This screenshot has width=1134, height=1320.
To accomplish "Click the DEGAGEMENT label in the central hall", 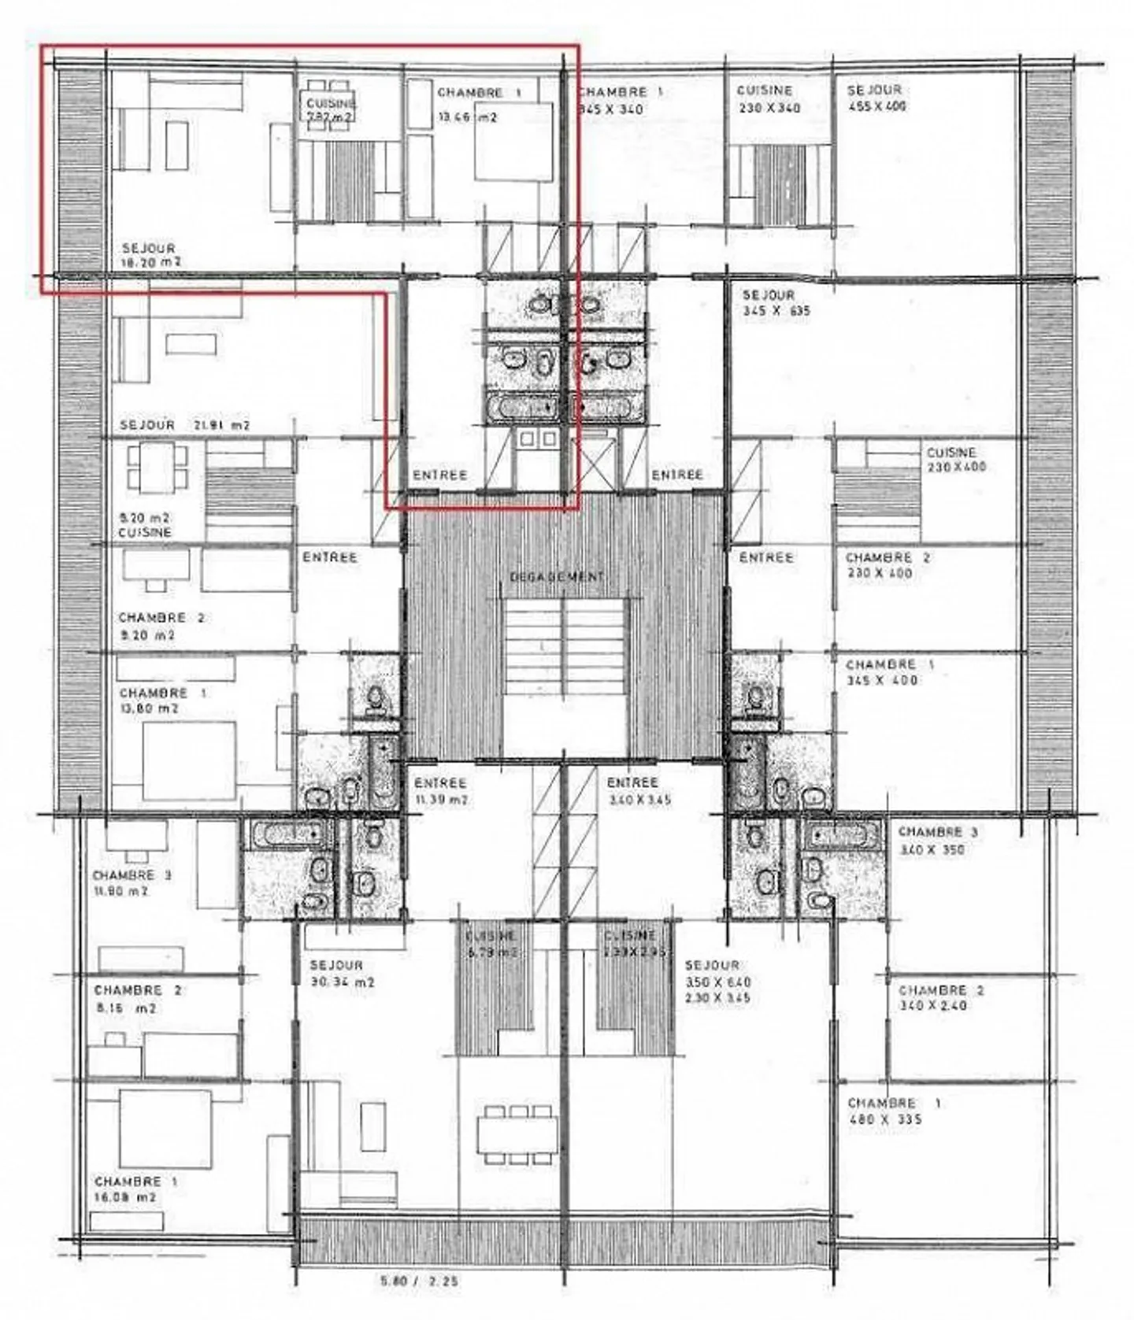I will tap(556, 577).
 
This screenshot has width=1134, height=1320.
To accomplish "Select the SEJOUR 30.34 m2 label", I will tap(341, 974).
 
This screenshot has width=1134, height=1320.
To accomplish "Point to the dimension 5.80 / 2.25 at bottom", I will tap(418, 1281).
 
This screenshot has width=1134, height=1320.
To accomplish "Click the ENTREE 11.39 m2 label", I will tap(440, 791).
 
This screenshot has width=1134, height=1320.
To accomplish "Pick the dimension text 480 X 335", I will tap(884, 1120).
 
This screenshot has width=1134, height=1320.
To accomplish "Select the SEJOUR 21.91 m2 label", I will tap(185, 425).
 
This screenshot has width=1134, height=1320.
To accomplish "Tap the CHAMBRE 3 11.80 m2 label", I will tap(132, 883).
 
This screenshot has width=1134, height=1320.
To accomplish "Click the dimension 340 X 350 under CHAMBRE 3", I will tap(931, 850).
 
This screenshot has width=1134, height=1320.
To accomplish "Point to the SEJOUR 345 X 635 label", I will tap(776, 302).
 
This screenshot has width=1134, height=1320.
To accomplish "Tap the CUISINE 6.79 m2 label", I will tap(491, 944).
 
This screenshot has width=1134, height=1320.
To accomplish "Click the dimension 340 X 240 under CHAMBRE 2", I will tap(932, 1006).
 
